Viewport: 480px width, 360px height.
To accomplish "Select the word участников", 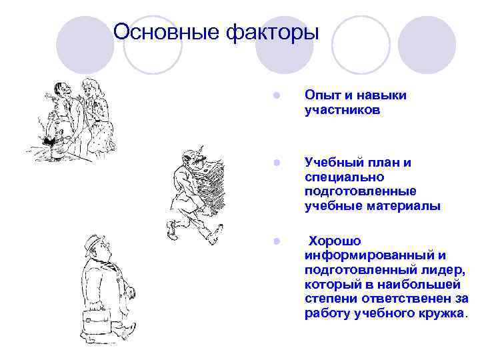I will pos(343,111).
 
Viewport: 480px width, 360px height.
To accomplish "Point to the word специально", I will pos(343,177).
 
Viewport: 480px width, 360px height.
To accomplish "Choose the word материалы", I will pos(407,206).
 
